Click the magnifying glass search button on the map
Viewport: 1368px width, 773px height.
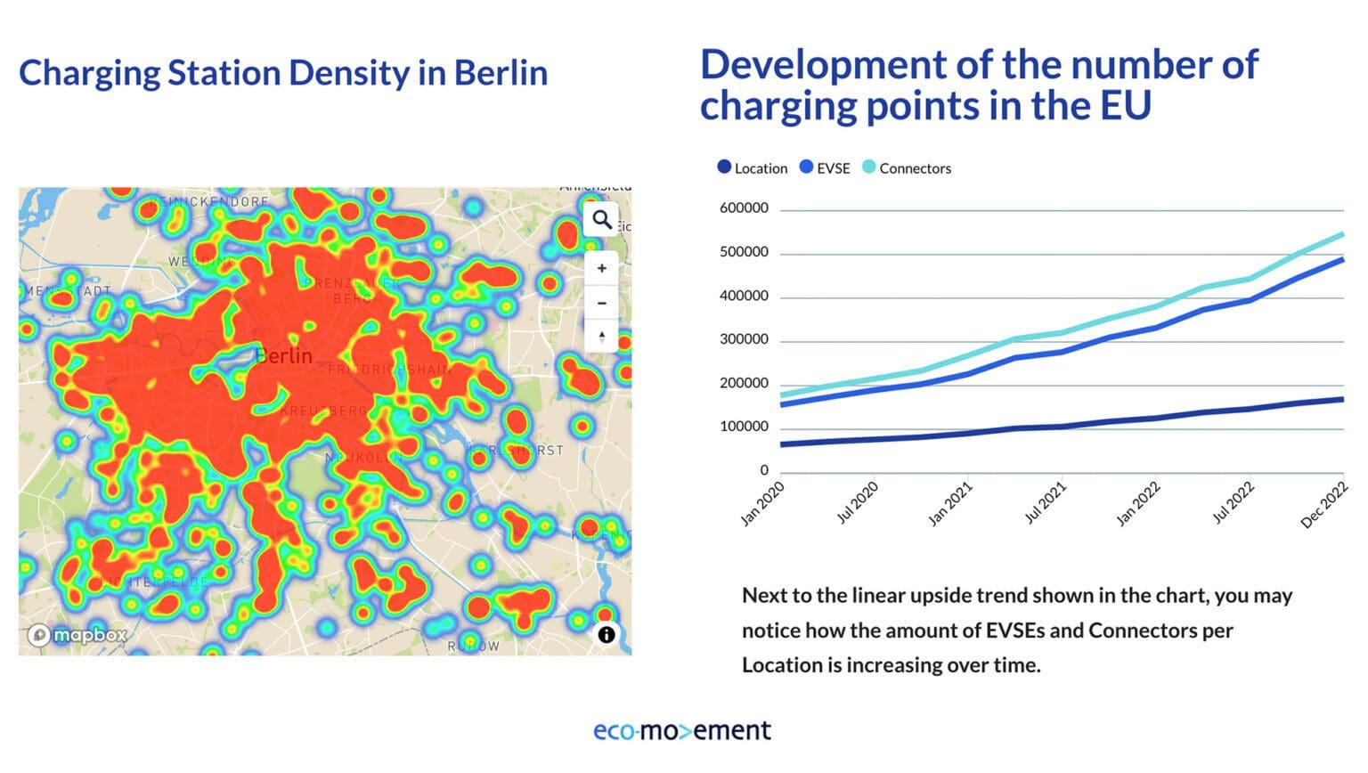point(602,219)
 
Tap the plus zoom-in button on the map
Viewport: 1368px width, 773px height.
point(602,268)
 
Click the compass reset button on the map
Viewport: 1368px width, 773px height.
point(602,337)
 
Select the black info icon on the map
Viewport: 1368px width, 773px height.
point(607,635)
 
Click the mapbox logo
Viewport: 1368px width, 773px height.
point(77,635)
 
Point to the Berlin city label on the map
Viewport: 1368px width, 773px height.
point(284,356)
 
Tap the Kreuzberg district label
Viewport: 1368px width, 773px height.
point(323,411)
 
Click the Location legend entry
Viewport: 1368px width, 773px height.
point(753,168)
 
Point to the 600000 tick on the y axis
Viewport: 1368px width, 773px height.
point(744,208)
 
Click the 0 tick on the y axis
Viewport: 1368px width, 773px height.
point(763,470)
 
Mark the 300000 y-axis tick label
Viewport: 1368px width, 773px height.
point(744,339)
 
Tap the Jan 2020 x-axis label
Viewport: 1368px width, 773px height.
point(762,504)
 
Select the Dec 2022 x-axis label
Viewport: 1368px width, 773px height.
point(1324,506)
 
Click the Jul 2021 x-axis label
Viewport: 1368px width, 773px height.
point(1045,504)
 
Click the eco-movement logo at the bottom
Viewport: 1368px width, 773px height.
point(682,731)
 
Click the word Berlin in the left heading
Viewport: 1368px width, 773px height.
point(501,73)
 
